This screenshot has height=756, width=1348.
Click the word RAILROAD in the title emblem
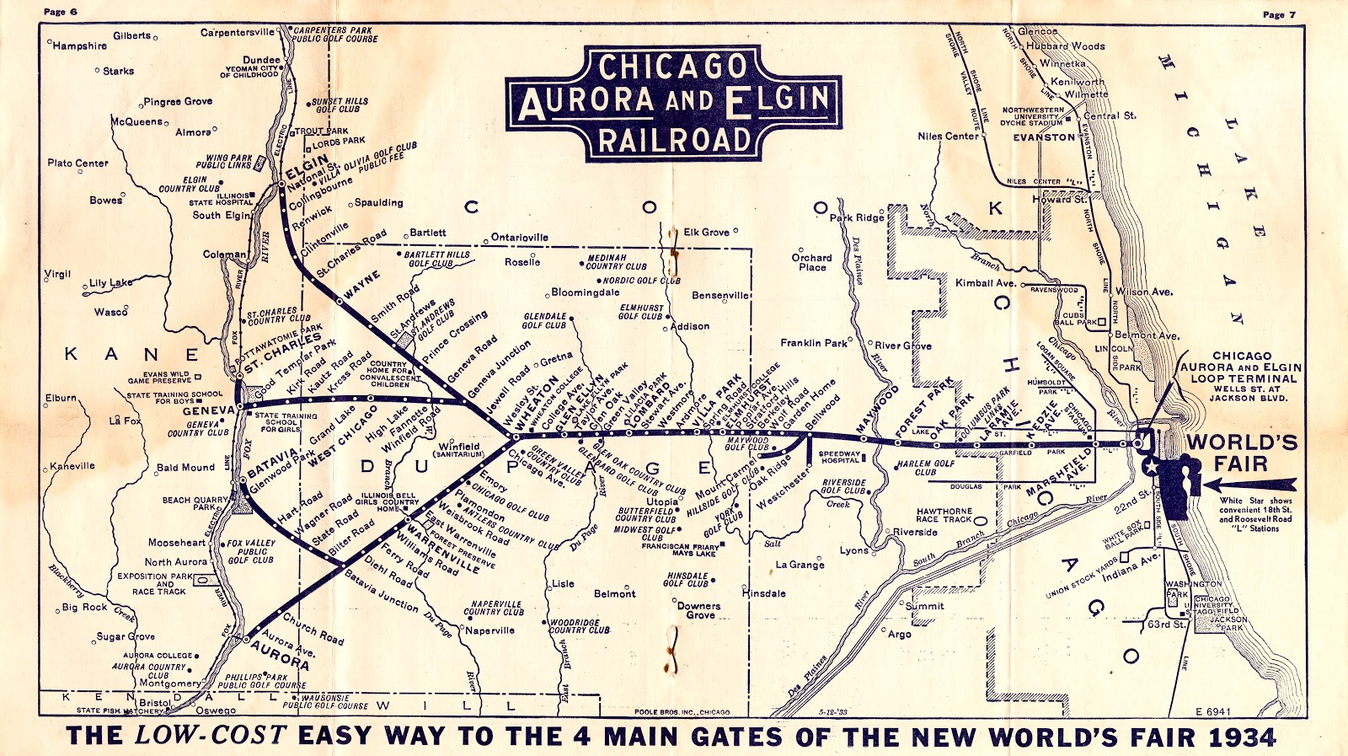(x=674, y=140)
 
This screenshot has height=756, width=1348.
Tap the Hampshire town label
(x=80, y=46)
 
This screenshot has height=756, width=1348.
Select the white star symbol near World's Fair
(x=1148, y=466)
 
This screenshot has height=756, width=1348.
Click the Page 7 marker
(x=1279, y=14)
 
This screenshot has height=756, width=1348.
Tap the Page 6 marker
(x=61, y=12)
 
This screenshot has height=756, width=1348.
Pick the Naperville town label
(x=490, y=630)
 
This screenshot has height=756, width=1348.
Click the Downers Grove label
(x=699, y=610)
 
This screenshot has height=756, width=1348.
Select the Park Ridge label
(x=857, y=217)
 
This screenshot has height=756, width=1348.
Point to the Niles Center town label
(x=948, y=136)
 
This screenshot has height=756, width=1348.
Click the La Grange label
(x=800, y=565)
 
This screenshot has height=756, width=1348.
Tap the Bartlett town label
(x=428, y=233)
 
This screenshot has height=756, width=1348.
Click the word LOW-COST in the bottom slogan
(x=211, y=735)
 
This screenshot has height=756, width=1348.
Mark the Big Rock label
(x=84, y=607)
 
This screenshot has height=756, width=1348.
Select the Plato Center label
(x=78, y=163)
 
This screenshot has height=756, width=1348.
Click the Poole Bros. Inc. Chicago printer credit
(x=682, y=712)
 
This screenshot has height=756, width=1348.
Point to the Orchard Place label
(x=811, y=262)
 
